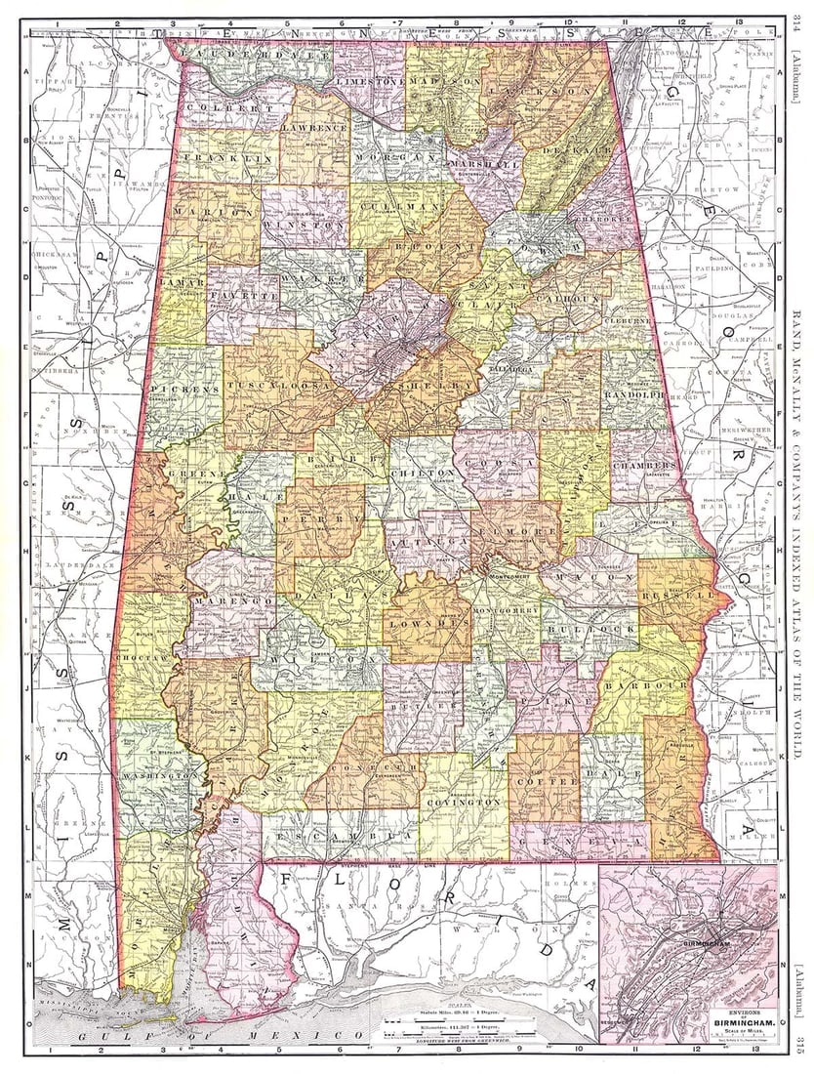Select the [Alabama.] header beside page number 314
[795, 68]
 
